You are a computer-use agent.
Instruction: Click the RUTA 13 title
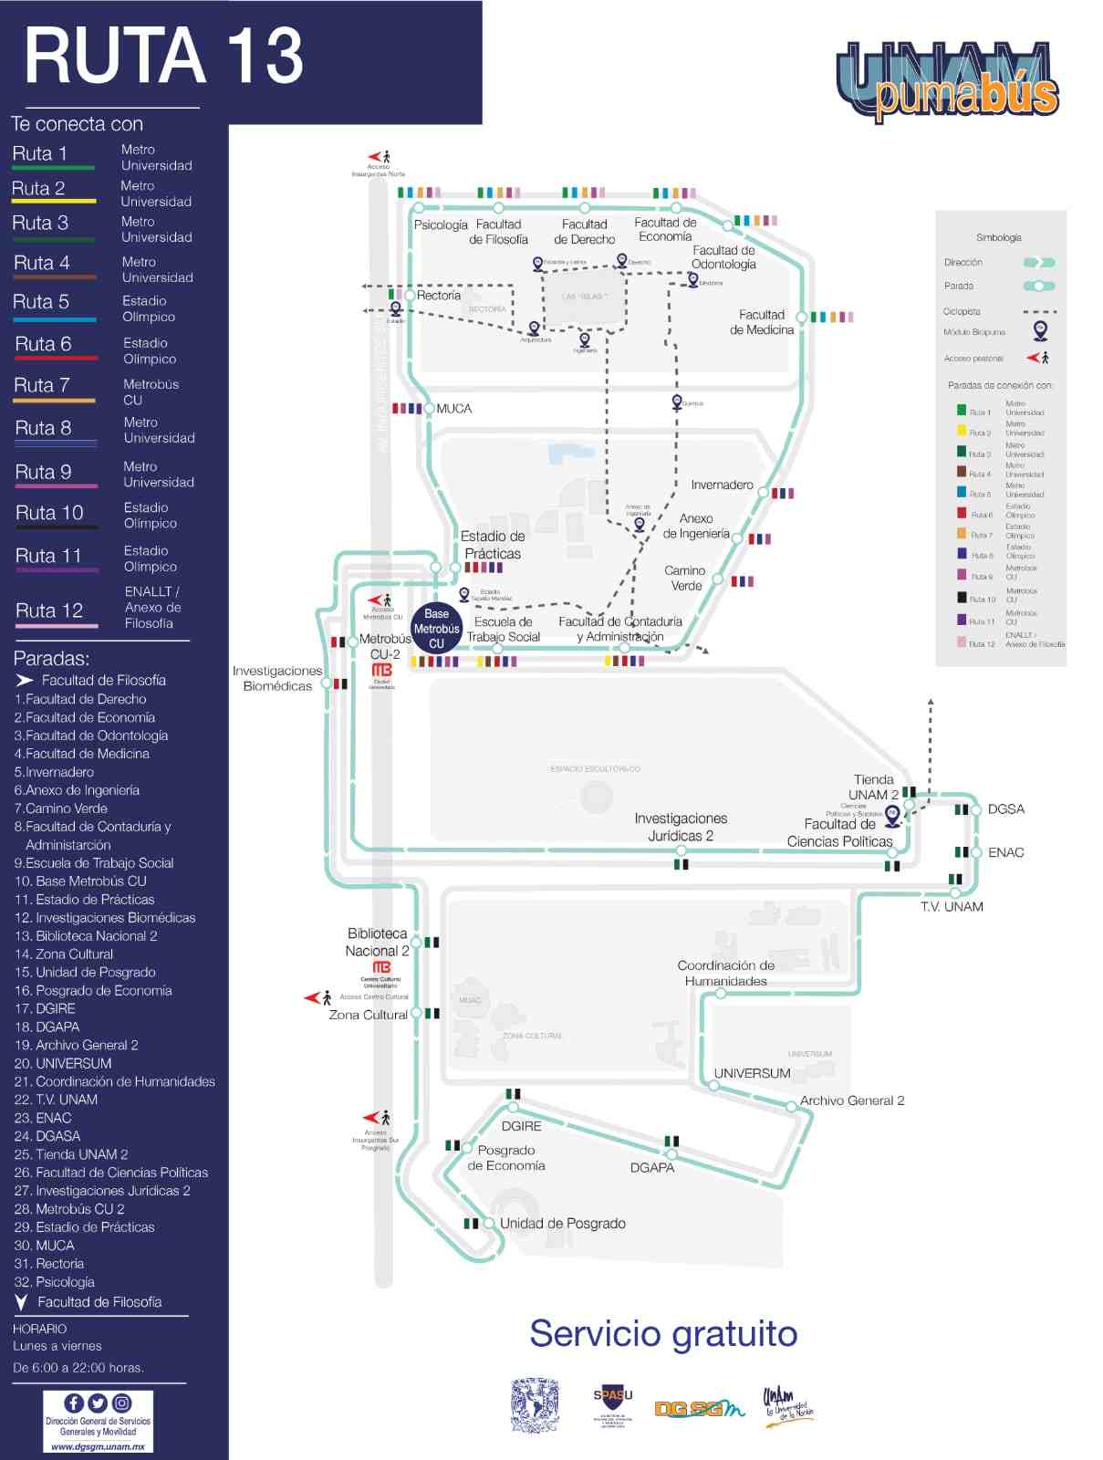pos(163,57)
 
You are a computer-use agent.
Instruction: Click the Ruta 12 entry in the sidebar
pos(49,610)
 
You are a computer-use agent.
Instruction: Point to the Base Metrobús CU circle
pos(436,629)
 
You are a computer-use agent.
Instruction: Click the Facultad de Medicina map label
pos(761,322)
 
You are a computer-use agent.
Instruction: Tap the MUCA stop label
pos(453,409)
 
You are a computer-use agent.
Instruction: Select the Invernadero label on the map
pos(722,485)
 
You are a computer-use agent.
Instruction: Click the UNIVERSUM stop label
pos(752,1073)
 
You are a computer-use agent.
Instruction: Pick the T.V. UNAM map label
pos(952,906)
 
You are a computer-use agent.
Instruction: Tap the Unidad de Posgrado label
pos(562,1224)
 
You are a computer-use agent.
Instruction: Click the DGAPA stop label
pos(652,1167)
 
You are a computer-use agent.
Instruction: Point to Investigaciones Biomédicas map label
pos(277,678)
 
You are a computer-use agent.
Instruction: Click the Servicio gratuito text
pos(663,1333)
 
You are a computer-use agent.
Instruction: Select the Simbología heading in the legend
pos(998,237)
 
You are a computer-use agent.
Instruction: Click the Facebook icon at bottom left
pos(74,1403)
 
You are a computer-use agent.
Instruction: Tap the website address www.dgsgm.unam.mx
pos(98,1446)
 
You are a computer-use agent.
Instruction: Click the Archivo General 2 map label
pos(852,1100)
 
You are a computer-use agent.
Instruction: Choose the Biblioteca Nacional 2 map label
pos(377,942)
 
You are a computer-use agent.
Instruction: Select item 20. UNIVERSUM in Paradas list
pos(63,1063)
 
